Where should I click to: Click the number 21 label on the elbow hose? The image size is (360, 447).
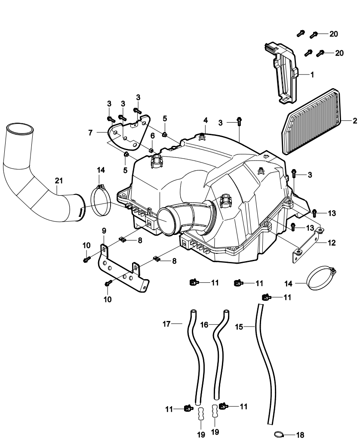click(59, 181)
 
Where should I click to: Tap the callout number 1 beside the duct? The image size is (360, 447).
click(312, 74)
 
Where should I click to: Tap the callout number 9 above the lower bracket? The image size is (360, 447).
click(103, 231)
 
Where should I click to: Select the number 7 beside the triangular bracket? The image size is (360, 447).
click(91, 133)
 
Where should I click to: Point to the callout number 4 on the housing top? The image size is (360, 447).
click(206, 119)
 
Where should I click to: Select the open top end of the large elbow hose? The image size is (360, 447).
click(20, 129)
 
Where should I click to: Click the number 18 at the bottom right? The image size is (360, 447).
click(300, 435)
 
